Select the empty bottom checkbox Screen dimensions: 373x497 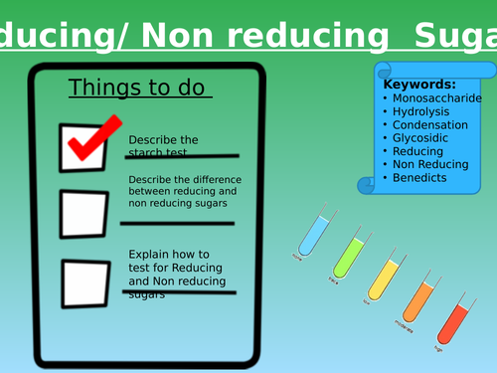(x=86, y=282)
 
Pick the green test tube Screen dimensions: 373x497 (x=349, y=256)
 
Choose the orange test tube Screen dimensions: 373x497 (x=418, y=299)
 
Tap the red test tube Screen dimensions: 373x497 (x=452, y=323)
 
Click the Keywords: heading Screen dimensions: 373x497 (x=419, y=85)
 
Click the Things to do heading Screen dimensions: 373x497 (x=139, y=89)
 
